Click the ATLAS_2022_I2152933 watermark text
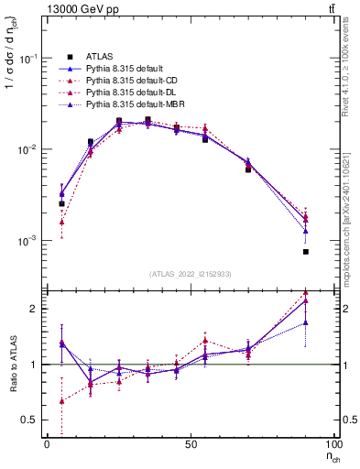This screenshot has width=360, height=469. coord(191,274)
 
